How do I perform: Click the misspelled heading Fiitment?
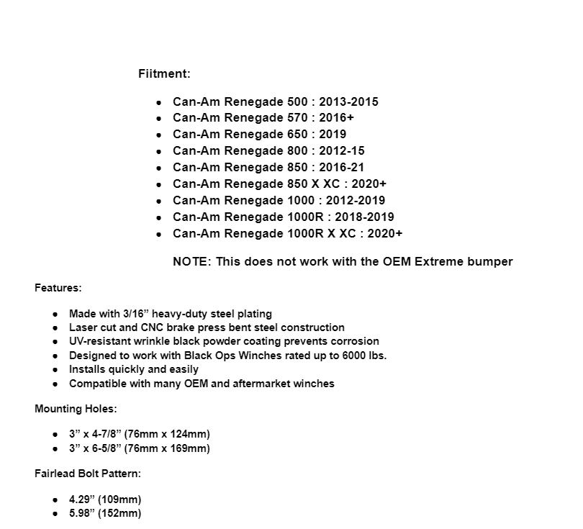(x=164, y=73)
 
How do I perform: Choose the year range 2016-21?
(x=342, y=168)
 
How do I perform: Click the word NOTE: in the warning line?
(x=191, y=261)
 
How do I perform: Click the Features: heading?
(x=58, y=288)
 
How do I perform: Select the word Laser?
(x=83, y=327)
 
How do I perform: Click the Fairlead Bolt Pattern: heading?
(x=88, y=474)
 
